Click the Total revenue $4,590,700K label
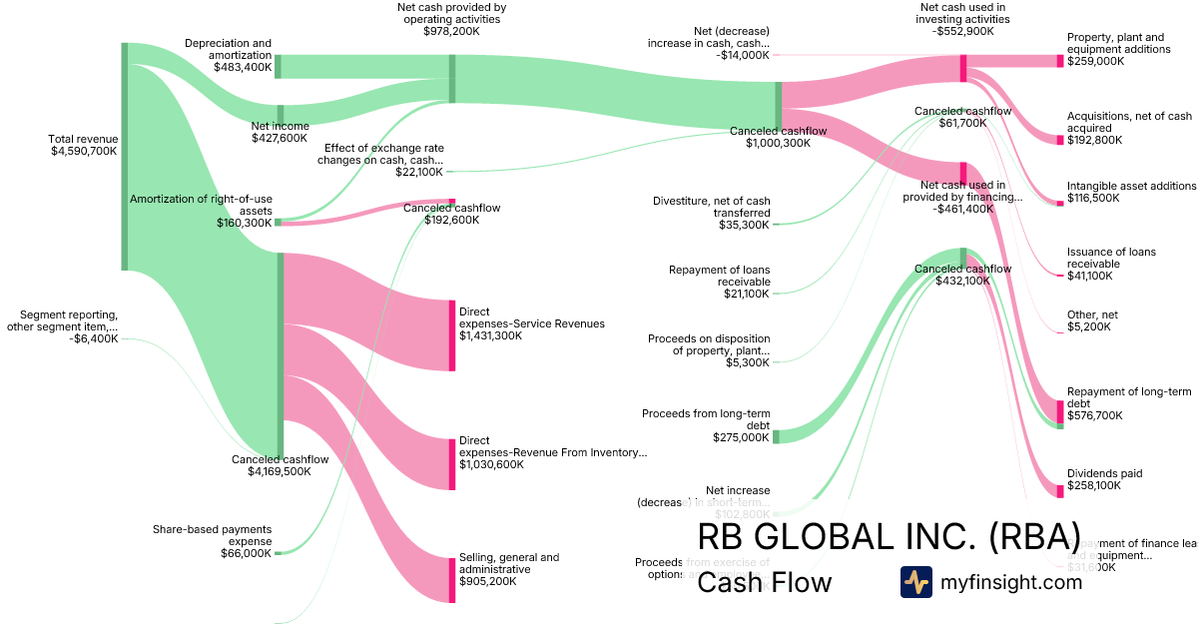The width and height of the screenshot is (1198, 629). pyautogui.click(x=84, y=145)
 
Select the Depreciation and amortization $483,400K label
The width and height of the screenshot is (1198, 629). pyautogui.click(x=228, y=55)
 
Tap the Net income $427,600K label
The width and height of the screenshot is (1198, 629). pyautogui.click(x=281, y=132)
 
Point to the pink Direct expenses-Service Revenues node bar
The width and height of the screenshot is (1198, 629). pyautogui.click(x=452, y=335)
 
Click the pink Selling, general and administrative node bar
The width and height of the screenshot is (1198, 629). pyautogui.click(x=452, y=580)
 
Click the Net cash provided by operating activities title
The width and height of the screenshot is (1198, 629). pyautogui.click(x=451, y=19)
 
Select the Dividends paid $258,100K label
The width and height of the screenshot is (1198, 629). pyautogui.click(x=1104, y=479)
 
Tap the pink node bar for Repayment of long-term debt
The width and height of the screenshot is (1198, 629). pyautogui.click(x=1060, y=411)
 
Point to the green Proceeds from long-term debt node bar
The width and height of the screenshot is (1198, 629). pyautogui.click(x=776, y=436)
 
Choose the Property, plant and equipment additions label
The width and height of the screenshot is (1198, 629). pyautogui.click(x=1118, y=49)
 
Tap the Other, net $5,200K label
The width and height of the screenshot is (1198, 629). pyautogui.click(x=1092, y=320)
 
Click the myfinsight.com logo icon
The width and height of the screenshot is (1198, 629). pyautogui.click(x=915, y=582)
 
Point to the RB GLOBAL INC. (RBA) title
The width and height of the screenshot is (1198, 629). pyautogui.click(x=889, y=536)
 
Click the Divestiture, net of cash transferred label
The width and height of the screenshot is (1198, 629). pyautogui.click(x=712, y=213)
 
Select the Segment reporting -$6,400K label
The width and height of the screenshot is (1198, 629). pyautogui.click(x=63, y=326)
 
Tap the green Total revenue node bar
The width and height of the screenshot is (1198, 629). pyautogui.click(x=125, y=157)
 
